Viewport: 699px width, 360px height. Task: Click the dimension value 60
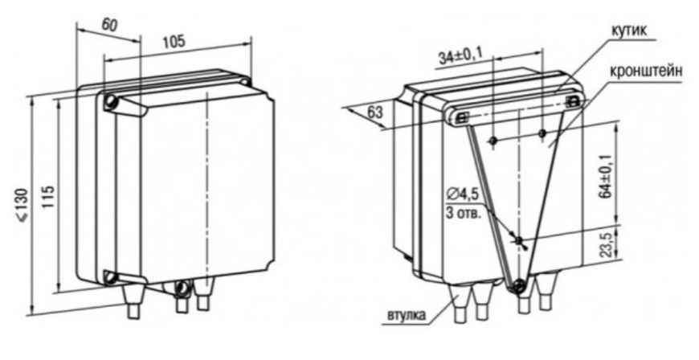coord(109,26)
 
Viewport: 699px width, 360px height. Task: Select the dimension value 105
coord(173,42)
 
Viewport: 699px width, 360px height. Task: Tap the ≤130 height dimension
coord(22,205)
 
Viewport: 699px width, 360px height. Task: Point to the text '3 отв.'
coord(464,213)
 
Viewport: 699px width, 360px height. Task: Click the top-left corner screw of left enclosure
coord(109,102)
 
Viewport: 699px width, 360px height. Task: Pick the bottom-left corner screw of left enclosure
coord(109,277)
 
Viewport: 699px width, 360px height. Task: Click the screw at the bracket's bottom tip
coord(518,284)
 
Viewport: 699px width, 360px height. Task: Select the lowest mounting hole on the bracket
coord(519,240)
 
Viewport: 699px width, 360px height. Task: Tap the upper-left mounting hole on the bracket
coord(493,141)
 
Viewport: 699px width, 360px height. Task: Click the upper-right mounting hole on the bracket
coord(542,133)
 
